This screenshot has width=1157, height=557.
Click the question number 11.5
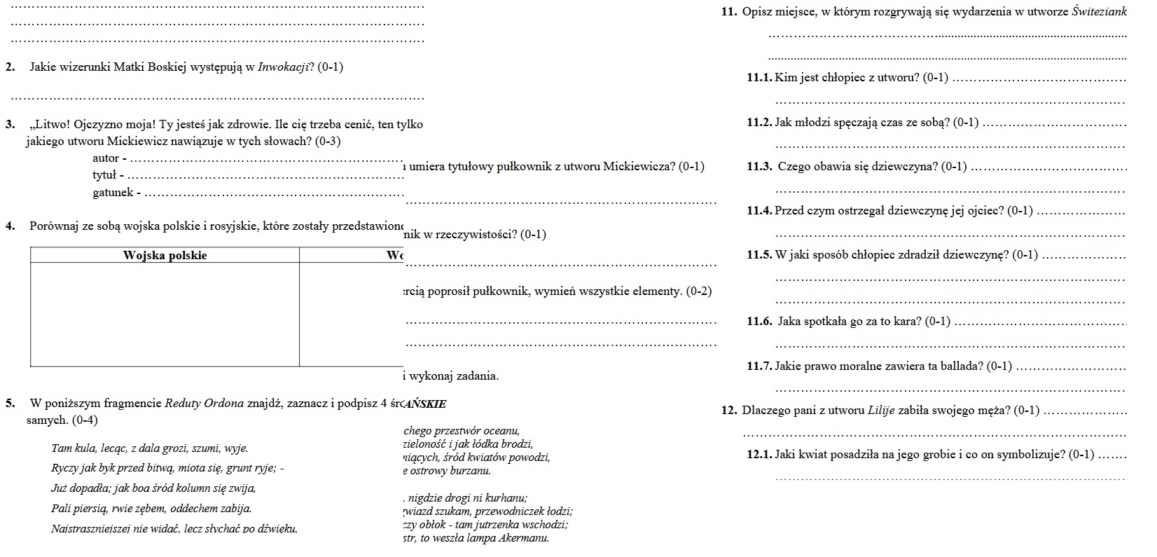point(759,255)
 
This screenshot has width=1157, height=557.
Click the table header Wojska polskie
point(165,255)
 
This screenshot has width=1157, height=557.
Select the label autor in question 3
point(106,158)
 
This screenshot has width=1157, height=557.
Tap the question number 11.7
point(759,366)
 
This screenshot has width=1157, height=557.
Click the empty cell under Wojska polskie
point(165,314)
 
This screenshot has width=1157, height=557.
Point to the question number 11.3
point(759,166)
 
